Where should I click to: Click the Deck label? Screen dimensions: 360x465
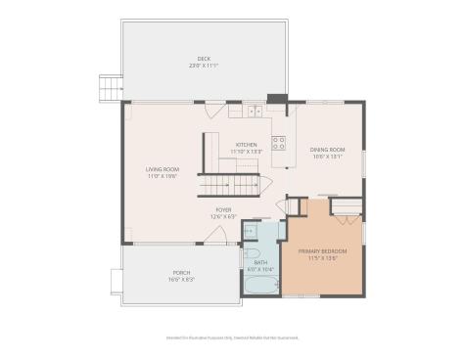(x=204, y=60)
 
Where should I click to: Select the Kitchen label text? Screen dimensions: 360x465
(x=245, y=145)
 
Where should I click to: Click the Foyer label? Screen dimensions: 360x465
(x=224, y=209)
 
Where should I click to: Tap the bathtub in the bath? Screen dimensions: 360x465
(x=259, y=286)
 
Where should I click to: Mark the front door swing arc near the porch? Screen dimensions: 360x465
(x=208, y=235)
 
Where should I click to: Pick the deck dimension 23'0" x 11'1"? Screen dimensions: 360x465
(x=204, y=66)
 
